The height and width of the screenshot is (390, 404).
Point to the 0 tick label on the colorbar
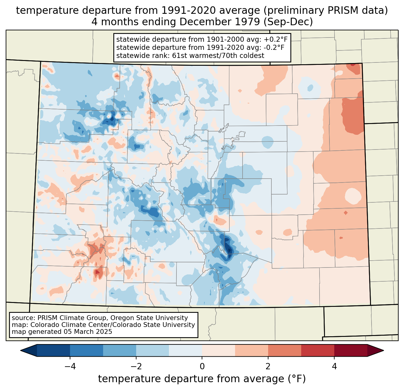(202, 367)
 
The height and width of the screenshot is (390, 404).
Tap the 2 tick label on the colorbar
(268, 367)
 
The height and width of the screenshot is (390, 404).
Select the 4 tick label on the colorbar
(334, 367)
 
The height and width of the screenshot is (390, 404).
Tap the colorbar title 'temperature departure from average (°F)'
(202, 379)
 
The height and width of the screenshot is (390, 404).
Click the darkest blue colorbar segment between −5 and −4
(54, 350)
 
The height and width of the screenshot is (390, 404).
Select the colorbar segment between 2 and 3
(285, 350)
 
